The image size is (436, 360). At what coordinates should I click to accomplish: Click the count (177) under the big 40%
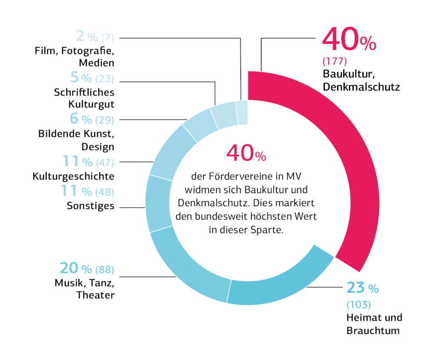tap(335, 60)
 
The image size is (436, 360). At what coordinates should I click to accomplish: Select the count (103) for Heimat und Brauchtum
tap(359, 305)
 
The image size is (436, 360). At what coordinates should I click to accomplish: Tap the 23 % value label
tap(362, 288)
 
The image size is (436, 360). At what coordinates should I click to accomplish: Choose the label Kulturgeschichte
tap(74, 176)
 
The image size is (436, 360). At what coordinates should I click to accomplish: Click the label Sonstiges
tap(90, 206)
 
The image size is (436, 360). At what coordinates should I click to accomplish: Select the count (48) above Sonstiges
tap(105, 192)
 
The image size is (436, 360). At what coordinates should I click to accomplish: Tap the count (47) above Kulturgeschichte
tap(105, 162)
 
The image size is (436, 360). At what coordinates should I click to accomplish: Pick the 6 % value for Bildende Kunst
tap(80, 118)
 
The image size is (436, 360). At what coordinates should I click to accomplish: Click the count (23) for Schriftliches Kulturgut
tap(105, 79)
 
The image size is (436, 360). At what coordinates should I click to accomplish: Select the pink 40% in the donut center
tap(246, 154)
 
